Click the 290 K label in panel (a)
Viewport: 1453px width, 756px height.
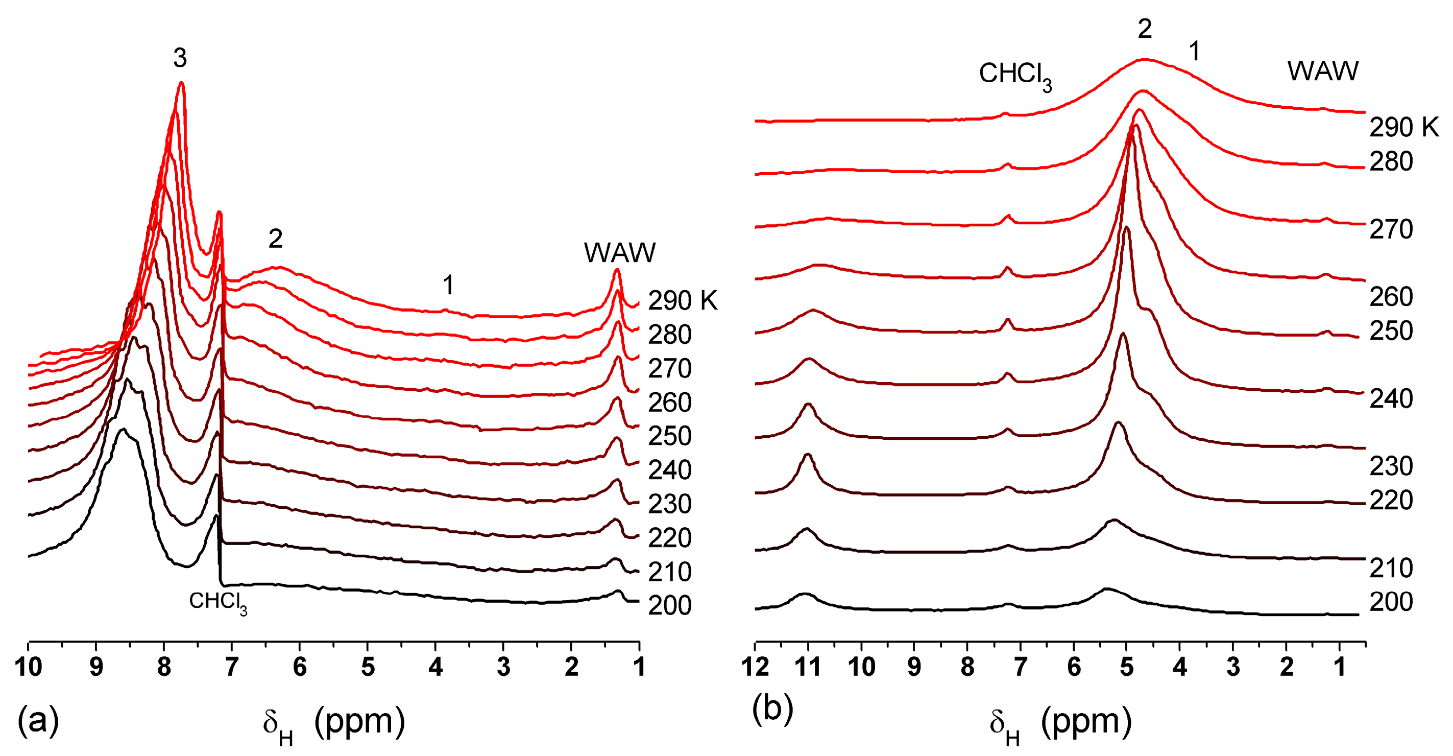point(682,301)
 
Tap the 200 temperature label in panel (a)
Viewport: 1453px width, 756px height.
point(669,605)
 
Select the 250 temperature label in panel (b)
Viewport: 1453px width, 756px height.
point(1391,330)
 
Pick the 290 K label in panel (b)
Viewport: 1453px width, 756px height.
point(1404,128)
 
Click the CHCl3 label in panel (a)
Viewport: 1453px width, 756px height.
point(217,602)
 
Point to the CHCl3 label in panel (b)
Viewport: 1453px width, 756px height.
point(1015,75)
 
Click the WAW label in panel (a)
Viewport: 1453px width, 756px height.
point(619,253)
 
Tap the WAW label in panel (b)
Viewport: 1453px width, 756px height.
point(1323,71)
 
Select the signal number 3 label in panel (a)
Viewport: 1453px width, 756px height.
point(180,58)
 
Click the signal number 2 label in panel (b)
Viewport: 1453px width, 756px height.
point(1145,29)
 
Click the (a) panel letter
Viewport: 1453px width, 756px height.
point(38,720)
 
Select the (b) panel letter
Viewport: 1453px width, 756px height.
point(772,708)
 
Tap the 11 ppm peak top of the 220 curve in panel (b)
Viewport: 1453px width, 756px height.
point(807,455)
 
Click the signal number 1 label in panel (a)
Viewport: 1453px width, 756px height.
point(448,285)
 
